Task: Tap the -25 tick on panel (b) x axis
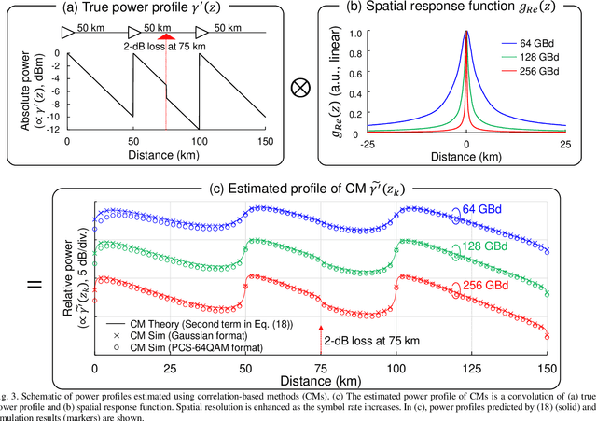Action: point(367,144)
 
